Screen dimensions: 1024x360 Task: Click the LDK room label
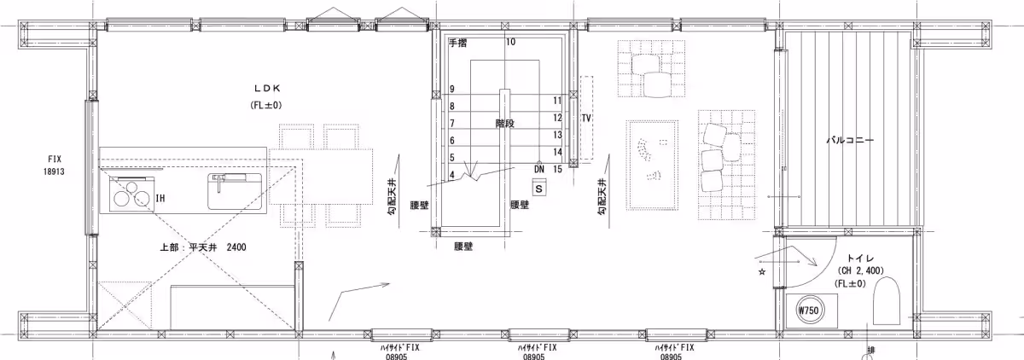pyautogui.click(x=267, y=88)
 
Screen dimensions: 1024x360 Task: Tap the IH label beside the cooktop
pyautogui.click(x=160, y=198)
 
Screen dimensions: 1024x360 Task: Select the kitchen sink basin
pyautogui.click(x=236, y=191)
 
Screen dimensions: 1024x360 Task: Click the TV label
pyautogui.click(x=586, y=119)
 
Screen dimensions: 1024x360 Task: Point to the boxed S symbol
pyautogui.click(x=539, y=189)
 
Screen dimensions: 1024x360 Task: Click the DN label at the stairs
pyautogui.click(x=539, y=169)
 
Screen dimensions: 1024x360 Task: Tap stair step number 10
pyautogui.click(x=510, y=42)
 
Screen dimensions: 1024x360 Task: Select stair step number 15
pyautogui.click(x=557, y=169)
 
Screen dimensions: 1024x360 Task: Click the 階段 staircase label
pyautogui.click(x=504, y=124)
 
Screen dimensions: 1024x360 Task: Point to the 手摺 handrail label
pyautogui.click(x=457, y=43)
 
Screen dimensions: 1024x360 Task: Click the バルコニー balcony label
pyautogui.click(x=850, y=140)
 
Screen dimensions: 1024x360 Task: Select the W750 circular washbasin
pyautogui.click(x=808, y=311)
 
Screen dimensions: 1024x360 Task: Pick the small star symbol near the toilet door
pyautogui.click(x=762, y=272)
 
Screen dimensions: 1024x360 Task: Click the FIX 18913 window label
pyautogui.click(x=54, y=165)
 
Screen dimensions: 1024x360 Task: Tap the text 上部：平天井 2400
pyautogui.click(x=203, y=247)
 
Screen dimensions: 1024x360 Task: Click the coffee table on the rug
pyautogui.click(x=652, y=165)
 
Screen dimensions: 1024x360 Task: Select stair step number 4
pyautogui.click(x=452, y=175)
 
